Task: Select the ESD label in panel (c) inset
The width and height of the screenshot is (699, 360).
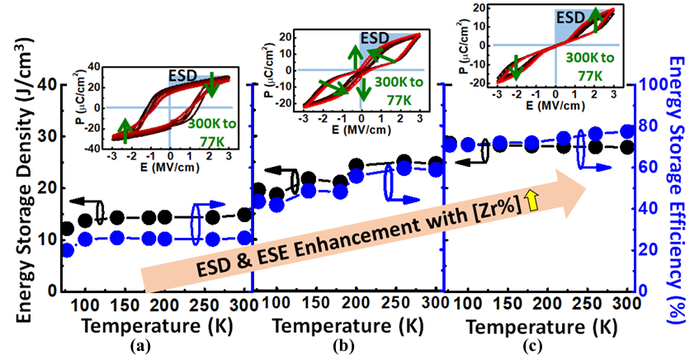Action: pyautogui.click(x=570, y=15)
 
